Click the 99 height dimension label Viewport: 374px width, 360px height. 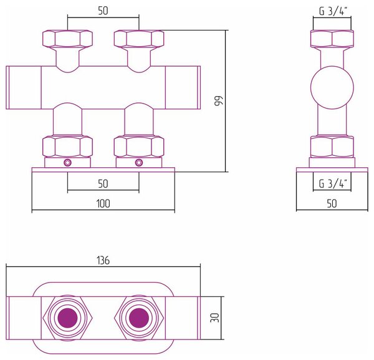tap(218, 100)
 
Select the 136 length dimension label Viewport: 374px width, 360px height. tap(103, 260)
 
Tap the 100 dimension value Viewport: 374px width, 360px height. tap(103, 203)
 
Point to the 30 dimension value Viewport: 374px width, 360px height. tap(214, 318)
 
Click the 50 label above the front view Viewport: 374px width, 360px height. tap(103, 11)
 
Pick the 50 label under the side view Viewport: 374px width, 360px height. tap(332, 203)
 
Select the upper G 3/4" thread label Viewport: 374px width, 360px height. tap(333, 11)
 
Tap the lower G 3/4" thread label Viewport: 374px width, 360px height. tap(333, 183)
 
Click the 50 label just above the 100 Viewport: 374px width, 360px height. tap(103, 184)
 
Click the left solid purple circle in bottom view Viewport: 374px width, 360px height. tap(67, 318)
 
